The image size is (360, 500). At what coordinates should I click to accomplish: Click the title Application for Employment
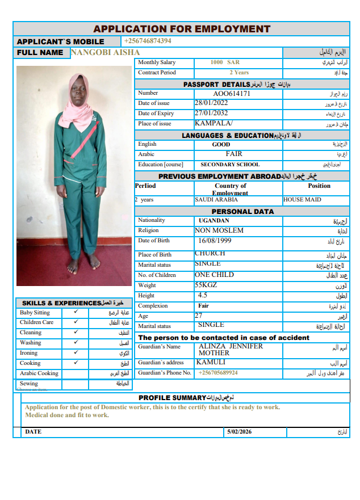182,29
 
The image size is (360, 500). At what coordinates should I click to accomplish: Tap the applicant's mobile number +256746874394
148,41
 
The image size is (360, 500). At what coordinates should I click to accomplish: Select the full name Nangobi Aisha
105,52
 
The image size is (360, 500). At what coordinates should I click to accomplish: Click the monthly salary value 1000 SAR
225,62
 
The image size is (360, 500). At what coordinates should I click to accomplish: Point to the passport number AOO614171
232,94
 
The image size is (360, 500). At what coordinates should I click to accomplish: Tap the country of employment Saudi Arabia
216,200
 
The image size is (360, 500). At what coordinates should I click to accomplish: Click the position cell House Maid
302,200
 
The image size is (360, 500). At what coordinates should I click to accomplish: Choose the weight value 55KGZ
206,285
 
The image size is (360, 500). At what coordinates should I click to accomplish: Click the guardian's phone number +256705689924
218,373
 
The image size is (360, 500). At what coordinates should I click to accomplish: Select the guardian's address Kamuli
211,362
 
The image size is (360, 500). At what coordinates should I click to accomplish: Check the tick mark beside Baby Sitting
76,312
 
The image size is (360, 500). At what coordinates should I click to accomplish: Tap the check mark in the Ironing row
76,352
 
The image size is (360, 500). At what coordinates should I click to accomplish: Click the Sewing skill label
29,384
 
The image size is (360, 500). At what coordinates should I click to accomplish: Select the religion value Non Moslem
219,230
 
